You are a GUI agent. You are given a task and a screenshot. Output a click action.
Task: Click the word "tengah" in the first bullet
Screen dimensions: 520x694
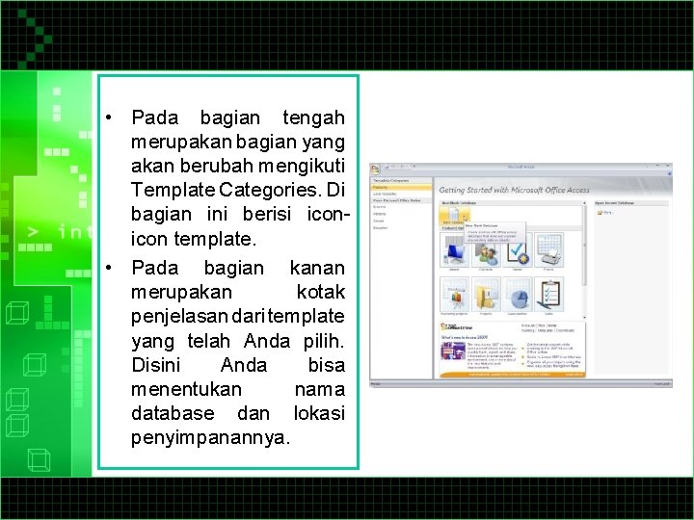(313, 118)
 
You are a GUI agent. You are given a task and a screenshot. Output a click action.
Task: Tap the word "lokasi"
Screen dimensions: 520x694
(318, 413)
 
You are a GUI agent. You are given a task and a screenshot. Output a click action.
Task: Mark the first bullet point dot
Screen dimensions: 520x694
(112, 118)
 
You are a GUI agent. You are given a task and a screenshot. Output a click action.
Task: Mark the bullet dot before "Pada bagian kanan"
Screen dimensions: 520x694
(112, 267)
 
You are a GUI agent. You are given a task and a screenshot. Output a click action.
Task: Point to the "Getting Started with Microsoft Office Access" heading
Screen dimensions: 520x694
(515, 190)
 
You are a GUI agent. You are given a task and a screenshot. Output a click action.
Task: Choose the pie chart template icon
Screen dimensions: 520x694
(517, 295)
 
